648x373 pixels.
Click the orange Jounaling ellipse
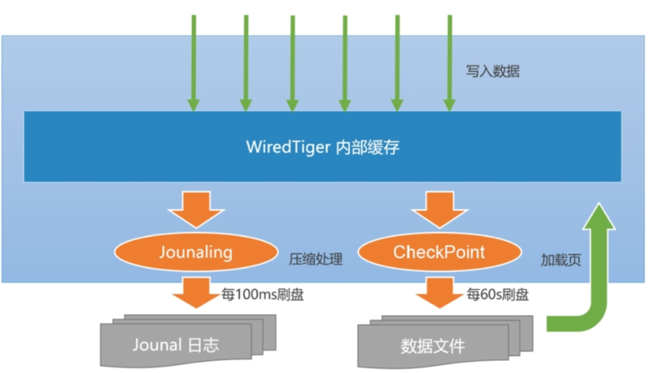[x=196, y=252]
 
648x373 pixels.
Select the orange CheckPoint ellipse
[x=439, y=252]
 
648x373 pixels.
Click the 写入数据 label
[x=493, y=71]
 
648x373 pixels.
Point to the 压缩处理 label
[x=316, y=259]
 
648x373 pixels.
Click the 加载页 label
[x=561, y=260]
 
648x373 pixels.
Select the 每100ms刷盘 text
[x=263, y=295]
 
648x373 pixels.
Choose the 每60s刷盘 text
[x=497, y=295]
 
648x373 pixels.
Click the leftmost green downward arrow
[x=194, y=63]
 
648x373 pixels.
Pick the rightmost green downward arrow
[x=449, y=63]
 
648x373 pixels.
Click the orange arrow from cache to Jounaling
[x=196, y=208]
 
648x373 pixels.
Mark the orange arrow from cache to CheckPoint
[x=439, y=208]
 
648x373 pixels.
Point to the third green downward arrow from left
[x=293, y=63]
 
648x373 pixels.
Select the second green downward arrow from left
[x=246, y=63]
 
